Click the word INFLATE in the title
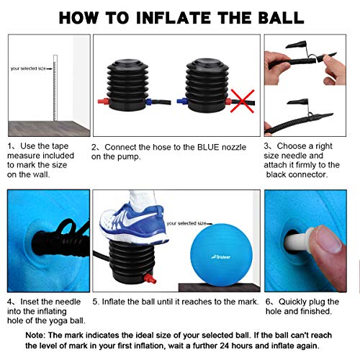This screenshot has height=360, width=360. pyautogui.click(x=174, y=18)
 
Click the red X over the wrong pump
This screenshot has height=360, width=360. pyautogui.click(x=243, y=101)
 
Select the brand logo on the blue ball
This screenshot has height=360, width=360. pyautogui.click(x=221, y=257)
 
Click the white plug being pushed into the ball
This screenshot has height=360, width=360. pyautogui.click(x=298, y=241)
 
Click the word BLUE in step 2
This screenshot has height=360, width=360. pyautogui.click(x=208, y=147)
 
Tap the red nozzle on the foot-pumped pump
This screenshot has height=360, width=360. pyautogui.click(x=150, y=279)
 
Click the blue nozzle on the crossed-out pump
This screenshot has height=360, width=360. pyautogui.click(x=182, y=101)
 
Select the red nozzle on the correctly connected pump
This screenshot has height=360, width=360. pyautogui.click(x=104, y=101)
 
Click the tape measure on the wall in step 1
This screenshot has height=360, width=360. pyautogui.click(x=55, y=88)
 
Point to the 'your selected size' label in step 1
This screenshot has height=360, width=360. pyautogui.click(x=28, y=68)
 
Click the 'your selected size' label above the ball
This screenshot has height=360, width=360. pyautogui.click(x=186, y=223)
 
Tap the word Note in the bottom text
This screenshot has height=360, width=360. pyautogui.click(x=35, y=335)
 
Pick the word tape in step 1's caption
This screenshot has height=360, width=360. pyautogui.click(x=60, y=146)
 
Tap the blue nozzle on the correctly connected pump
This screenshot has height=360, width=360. pyautogui.click(x=148, y=102)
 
